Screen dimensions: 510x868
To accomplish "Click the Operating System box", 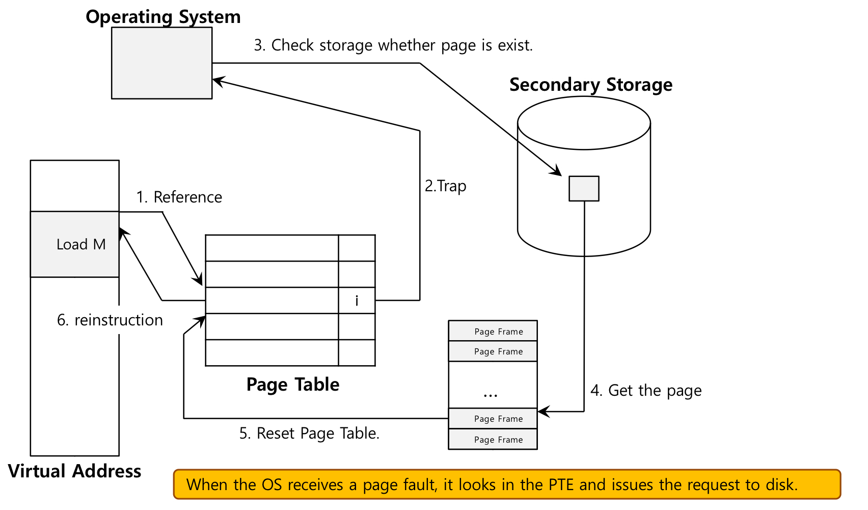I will pos(161,63).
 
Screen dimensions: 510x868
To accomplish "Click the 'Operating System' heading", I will pos(163,17).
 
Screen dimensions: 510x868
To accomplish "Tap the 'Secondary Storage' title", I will pos(591,85).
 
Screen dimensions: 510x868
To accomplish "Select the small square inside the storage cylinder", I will pos(584,189).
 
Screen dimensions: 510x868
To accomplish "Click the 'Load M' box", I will pos(75,244).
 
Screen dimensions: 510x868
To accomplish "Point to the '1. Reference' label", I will pos(179,197).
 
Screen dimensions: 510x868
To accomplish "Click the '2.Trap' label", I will pos(445,186).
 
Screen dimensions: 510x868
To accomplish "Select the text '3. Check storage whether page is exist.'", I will pos(393,45).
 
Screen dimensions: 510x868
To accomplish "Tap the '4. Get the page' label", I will pos(646,391).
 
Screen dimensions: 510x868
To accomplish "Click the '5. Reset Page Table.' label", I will pos(309,433).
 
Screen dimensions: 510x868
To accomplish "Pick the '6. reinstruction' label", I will pos(110,320).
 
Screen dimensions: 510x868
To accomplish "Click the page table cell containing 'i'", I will pos(357,301).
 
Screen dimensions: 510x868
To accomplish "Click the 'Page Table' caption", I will pos(293,385).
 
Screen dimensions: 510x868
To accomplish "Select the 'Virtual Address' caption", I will pos(75,471).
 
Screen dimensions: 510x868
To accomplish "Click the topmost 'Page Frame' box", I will pos(493,331).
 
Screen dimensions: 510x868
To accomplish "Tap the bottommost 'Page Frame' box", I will pos(493,440).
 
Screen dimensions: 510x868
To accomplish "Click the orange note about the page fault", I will pos(507,484).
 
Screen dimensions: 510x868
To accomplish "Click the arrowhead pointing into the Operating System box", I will pos(218,81).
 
